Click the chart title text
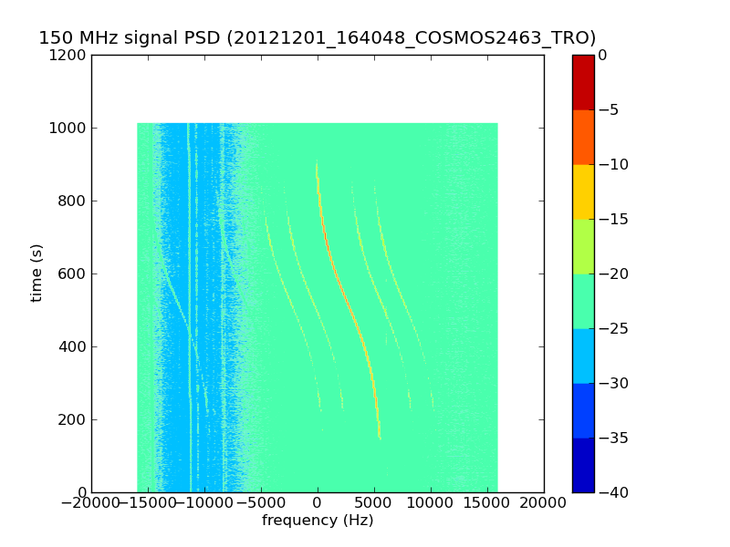click(317, 38)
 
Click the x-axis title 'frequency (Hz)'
click(318, 521)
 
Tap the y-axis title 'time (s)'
click(37, 273)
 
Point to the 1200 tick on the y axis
click(70, 55)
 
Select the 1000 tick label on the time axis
click(70, 128)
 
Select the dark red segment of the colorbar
click(583, 82)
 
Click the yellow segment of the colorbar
click(583, 191)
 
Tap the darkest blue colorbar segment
click(583, 465)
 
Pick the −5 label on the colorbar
click(609, 109)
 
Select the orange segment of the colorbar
click(583, 137)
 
